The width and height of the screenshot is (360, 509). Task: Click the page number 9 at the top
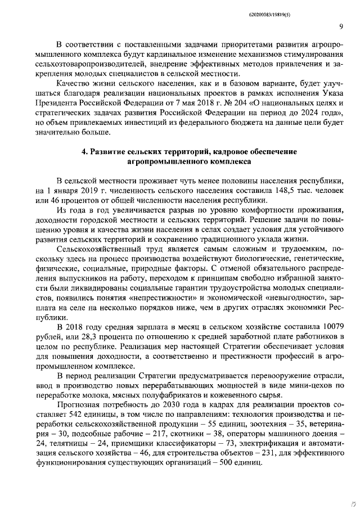click(341, 26)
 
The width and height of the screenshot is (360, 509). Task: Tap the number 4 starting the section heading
click(84, 152)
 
